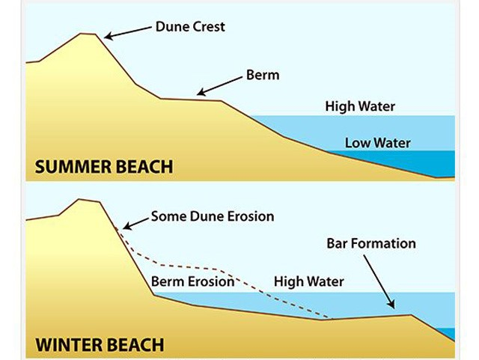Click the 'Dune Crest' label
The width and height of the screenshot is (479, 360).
click(x=189, y=27)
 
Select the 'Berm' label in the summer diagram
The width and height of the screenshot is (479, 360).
click(x=262, y=76)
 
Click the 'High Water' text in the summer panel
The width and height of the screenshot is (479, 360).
click(x=360, y=106)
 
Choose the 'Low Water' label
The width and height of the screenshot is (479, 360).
click(x=378, y=142)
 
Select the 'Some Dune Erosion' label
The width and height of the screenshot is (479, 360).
click(x=213, y=217)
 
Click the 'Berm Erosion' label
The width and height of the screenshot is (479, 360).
click(x=193, y=282)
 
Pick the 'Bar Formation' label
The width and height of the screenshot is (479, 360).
click(x=371, y=244)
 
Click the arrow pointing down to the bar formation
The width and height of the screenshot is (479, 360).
click(x=378, y=279)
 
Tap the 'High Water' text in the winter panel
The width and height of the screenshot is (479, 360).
click(x=308, y=282)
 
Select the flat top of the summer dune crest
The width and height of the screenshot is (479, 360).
click(x=88, y=34)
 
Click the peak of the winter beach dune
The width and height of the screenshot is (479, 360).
click(x=88, y=200)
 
